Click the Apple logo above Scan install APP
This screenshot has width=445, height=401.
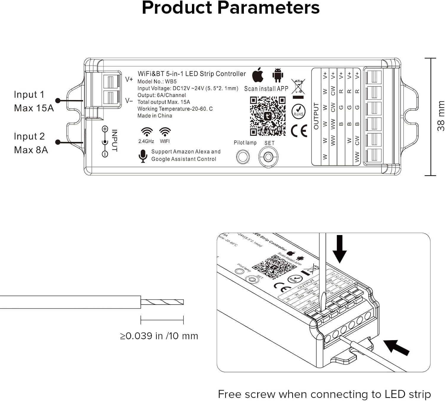[x=258, y=75]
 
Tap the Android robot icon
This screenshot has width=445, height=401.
[x=278, y=75]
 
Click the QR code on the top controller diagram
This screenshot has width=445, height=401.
[x=268, y=116]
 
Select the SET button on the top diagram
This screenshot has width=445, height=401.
[x=268, y=157]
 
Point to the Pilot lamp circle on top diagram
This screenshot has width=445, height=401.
[x=243, y=157]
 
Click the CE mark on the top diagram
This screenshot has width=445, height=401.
[x=299, y=131]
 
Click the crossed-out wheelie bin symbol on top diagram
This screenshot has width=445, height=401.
[x=298, y=87]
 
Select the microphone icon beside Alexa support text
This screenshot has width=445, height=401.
[x=143, y=156]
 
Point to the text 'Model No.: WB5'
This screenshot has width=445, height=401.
[x=157, y=81]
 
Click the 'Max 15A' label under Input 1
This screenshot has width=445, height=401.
[x=34, y=108]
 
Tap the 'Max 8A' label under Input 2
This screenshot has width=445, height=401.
[x=31, y=150]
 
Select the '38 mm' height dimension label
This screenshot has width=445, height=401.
[x=441, y=116]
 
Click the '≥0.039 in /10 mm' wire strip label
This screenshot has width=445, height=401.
[x=159, y=336]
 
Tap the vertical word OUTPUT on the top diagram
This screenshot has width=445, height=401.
[x=316, y=116]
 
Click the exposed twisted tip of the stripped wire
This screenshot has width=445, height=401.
[x=162, y=302]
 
